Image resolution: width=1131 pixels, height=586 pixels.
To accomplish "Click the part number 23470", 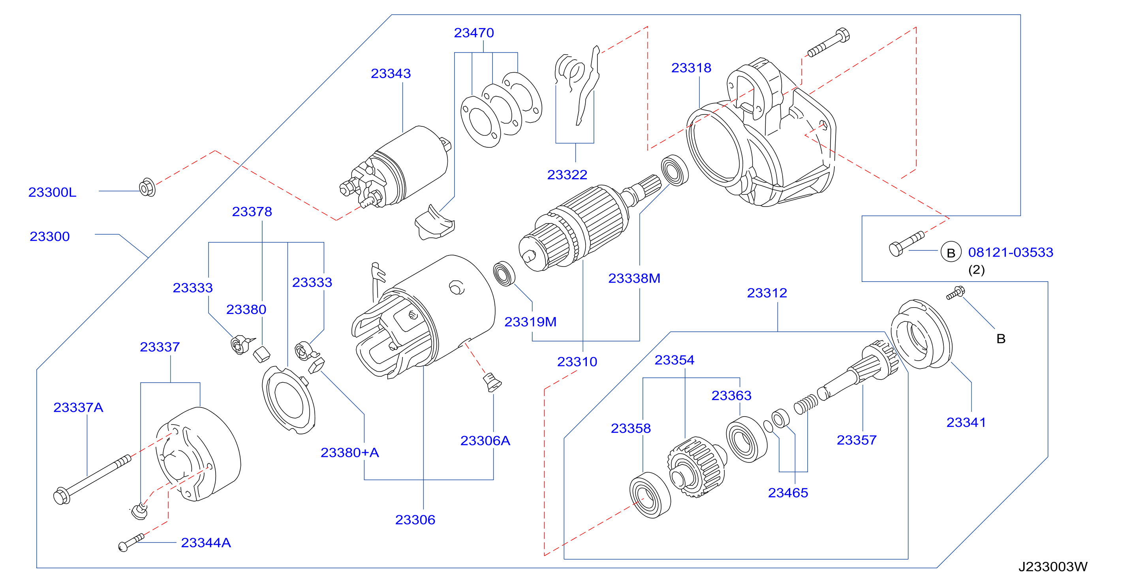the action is coord(474,33).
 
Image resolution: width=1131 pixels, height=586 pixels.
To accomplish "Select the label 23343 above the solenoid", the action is coord(391,73).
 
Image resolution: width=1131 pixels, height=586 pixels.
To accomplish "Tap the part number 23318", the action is coord(691,68).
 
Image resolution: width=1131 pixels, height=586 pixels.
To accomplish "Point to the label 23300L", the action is coord(52,192).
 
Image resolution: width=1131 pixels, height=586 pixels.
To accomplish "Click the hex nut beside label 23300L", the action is coord(147,188).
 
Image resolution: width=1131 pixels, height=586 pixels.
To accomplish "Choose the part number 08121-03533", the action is coord(1011,252).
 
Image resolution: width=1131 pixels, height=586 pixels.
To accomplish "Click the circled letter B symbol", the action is coord(951,252).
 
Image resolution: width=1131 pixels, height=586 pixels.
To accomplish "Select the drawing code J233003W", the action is coord(1053,567).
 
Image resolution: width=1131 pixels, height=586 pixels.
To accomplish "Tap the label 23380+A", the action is coord(349,453).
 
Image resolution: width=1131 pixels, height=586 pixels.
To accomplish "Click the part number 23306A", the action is coord(485,441).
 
